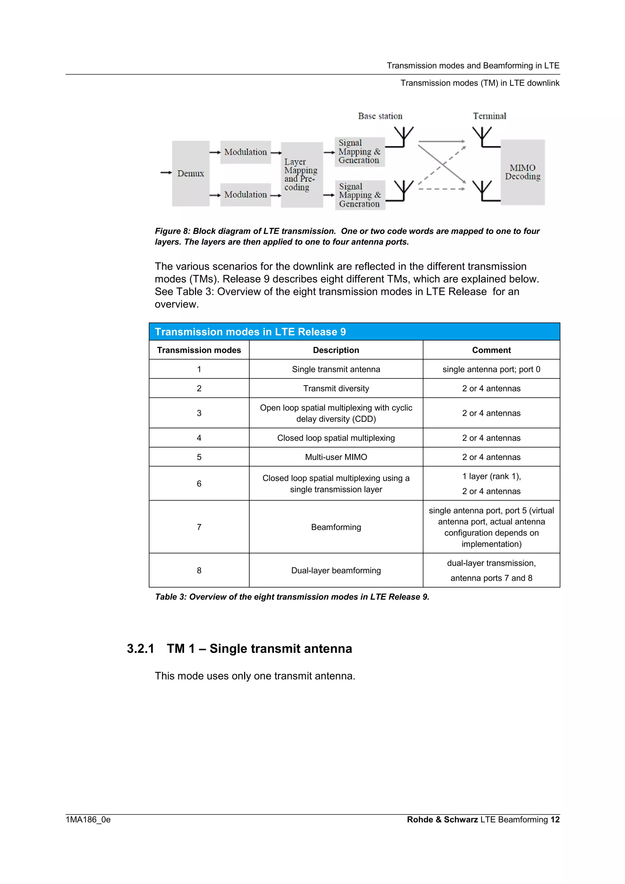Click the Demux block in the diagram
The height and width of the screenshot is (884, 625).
191,173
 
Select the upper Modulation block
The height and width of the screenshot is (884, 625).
245,152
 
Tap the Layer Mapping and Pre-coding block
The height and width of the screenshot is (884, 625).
302,175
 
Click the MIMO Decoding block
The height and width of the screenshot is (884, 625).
522,172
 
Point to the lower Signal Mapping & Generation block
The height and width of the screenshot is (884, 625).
360,195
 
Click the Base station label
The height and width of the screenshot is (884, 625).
380,116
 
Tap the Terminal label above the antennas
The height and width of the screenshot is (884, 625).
490,116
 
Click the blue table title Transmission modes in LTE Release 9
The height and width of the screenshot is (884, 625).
250,332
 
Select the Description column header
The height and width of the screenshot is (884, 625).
336,350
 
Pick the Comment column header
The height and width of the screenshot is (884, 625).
491,350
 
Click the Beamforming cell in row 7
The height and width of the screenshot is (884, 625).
336,527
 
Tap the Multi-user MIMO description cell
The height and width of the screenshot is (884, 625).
336,457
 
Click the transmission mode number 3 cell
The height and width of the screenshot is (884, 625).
199,413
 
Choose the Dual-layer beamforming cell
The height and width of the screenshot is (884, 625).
336,571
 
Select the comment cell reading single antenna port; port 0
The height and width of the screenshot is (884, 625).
491,369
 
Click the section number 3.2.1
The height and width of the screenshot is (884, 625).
141,649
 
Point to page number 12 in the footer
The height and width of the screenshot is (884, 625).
555,819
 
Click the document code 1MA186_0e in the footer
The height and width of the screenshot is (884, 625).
88,819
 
